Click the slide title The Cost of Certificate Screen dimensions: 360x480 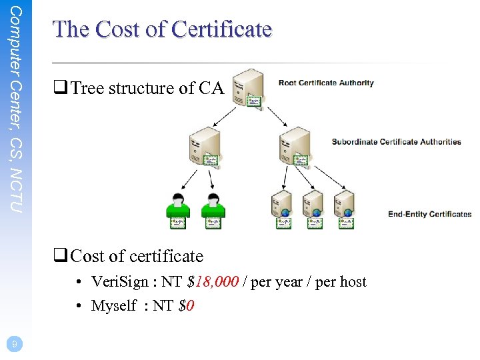[162, 29]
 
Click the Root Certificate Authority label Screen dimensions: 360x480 [326, 83]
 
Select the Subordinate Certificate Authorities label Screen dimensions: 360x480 [396, 141]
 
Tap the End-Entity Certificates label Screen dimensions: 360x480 [429, 214]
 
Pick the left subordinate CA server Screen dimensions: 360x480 [205, 145]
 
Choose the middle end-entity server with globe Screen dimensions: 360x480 [313, 209]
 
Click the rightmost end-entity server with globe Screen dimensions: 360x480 [345, 209]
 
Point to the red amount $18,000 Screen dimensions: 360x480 [213, 282]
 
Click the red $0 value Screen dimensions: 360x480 [187, 306]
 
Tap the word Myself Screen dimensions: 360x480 [113, 306]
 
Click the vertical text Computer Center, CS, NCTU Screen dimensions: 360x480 [17, 109]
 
